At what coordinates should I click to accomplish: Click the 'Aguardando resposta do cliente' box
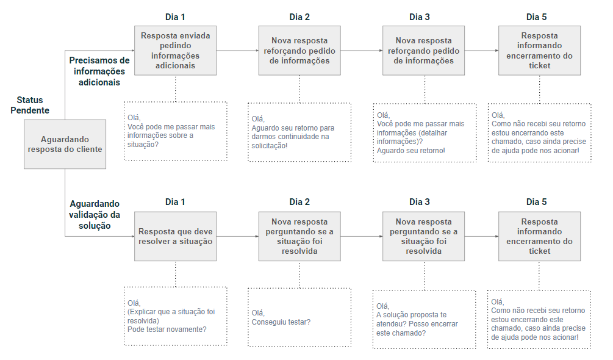65,144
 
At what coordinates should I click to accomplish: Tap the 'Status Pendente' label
30,105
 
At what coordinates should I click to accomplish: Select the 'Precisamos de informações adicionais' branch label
99,71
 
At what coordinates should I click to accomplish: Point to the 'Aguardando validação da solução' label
95,215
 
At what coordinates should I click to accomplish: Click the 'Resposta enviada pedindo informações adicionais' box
175,51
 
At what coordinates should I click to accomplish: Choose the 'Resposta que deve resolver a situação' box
175,236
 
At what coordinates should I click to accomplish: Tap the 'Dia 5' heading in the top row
536,17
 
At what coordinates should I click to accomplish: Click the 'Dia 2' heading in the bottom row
299,202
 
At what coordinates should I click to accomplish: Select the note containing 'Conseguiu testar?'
299,317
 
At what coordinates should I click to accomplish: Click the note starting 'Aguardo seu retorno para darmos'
299,132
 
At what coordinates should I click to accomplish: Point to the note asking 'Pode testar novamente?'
176,316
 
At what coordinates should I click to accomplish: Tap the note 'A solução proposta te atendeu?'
424,319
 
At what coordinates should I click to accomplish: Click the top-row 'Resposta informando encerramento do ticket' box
540,51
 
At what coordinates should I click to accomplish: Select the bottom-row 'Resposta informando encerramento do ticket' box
540,236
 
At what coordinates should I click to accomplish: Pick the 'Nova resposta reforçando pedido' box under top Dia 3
423,51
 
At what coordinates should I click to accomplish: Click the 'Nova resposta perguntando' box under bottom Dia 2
299,236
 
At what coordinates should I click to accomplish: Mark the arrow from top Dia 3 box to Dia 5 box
482,51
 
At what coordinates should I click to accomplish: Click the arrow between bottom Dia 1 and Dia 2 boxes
238,236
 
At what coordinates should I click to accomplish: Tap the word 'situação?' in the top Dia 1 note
143,145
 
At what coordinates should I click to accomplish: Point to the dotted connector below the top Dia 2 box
300,89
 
